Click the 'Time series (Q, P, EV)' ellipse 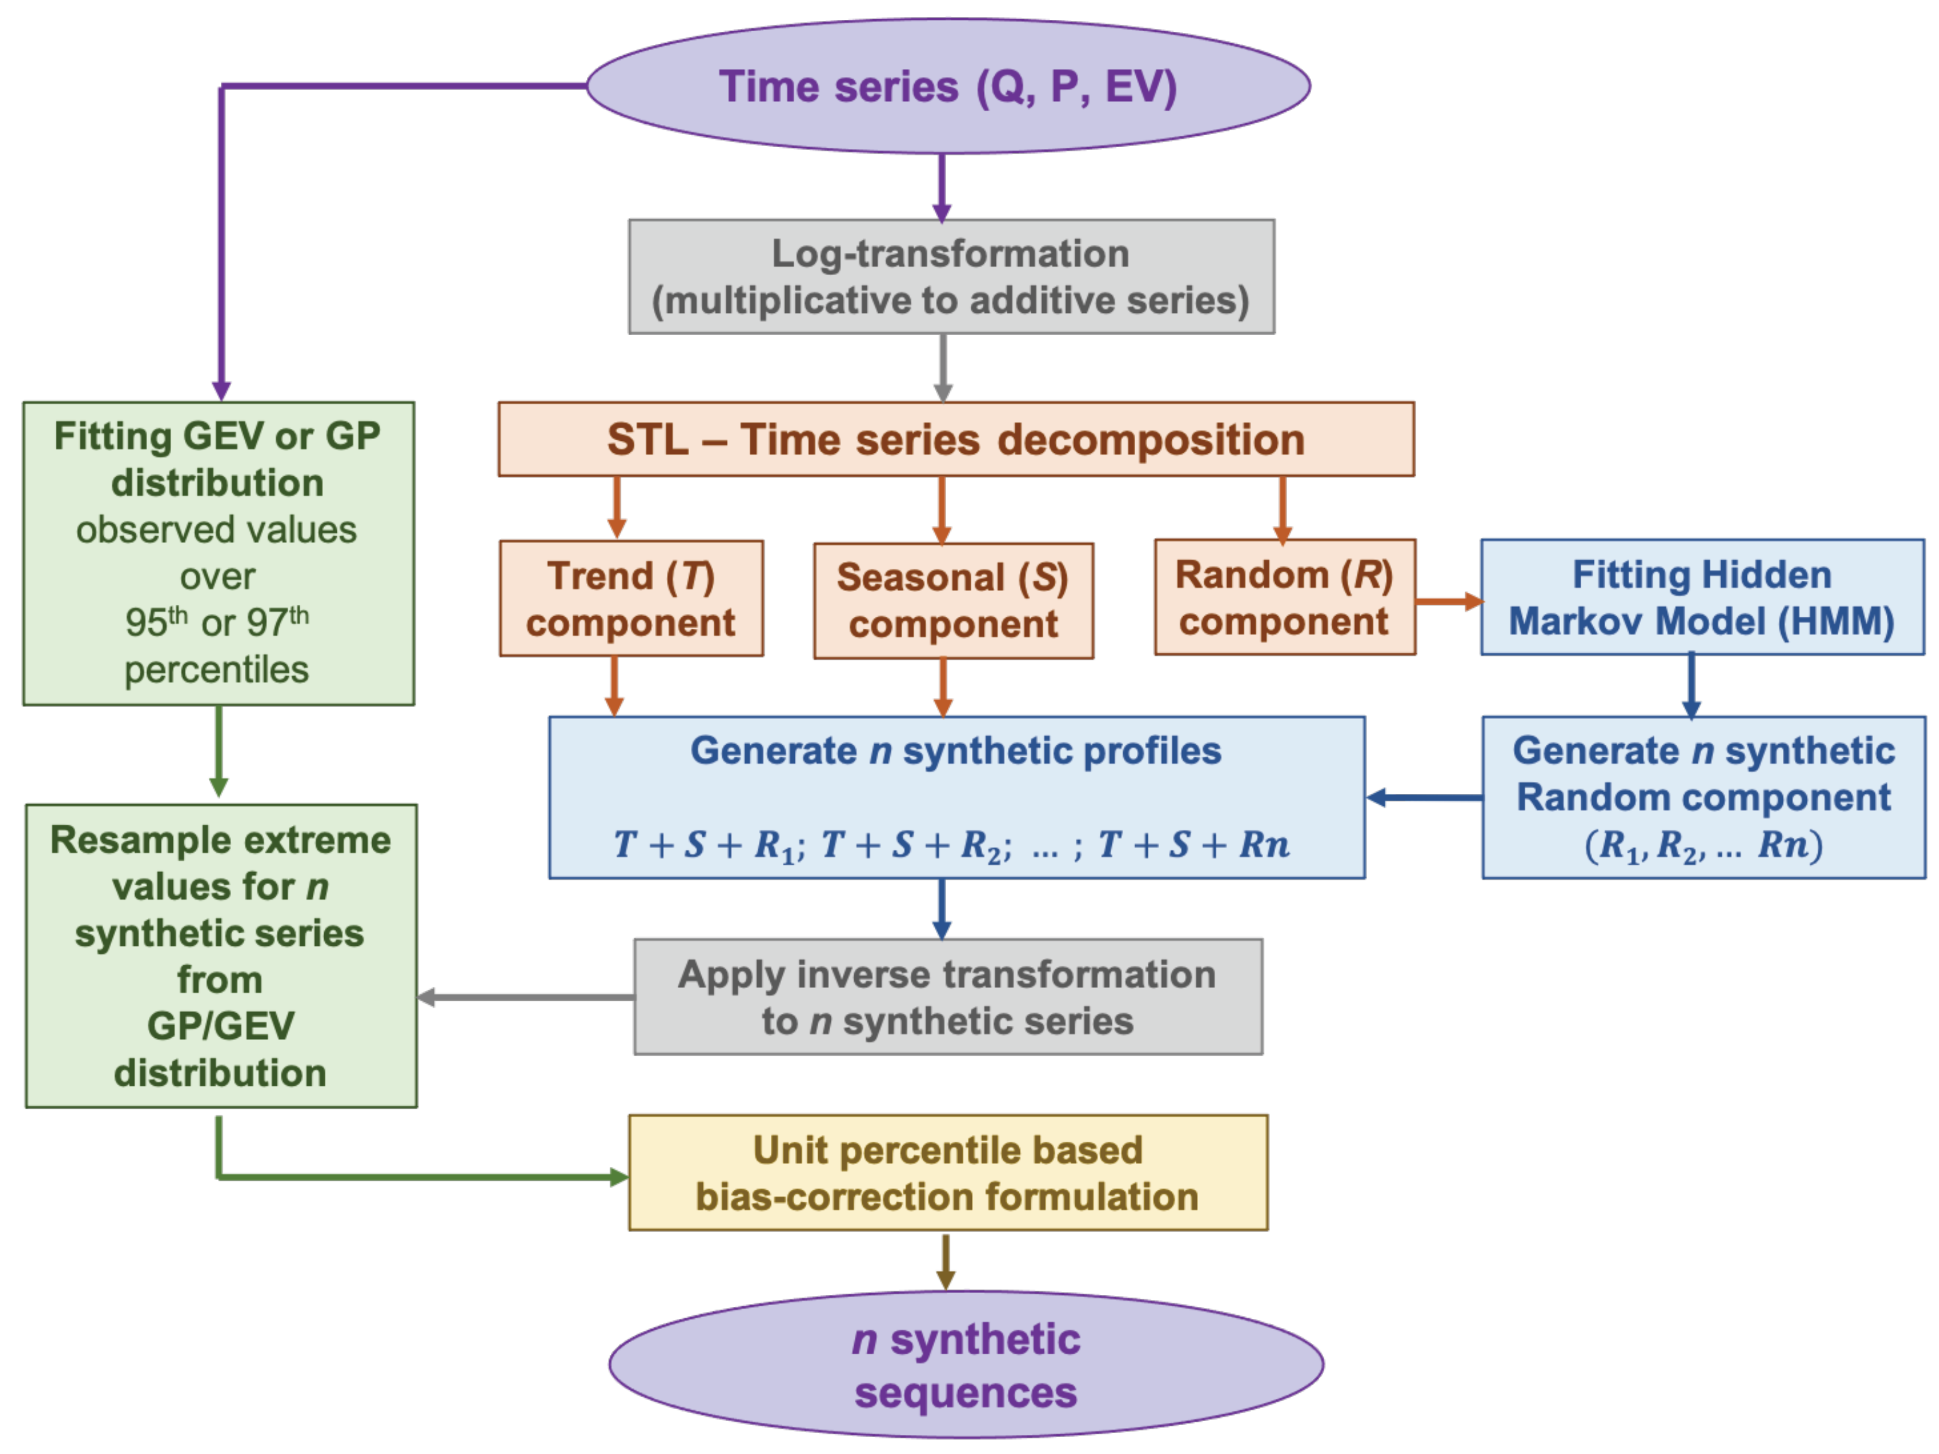point(947,86)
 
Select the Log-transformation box point(951,276)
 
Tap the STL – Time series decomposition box point(956,440)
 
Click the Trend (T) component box point(631,598)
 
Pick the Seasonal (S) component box point(953,601)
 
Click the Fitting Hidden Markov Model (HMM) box point(1701,597)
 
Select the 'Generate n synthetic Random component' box point(1702,797)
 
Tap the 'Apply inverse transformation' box point(947,997)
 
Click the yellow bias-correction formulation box point(947,1172)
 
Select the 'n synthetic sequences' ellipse point(965,1365)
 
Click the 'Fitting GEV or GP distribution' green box point(219,553)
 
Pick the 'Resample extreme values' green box point(221,956)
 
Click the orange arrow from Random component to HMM point(1448,602)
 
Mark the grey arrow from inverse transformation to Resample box point(526,997)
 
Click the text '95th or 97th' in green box point(217,622)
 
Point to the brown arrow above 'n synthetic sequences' point(945,1261)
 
